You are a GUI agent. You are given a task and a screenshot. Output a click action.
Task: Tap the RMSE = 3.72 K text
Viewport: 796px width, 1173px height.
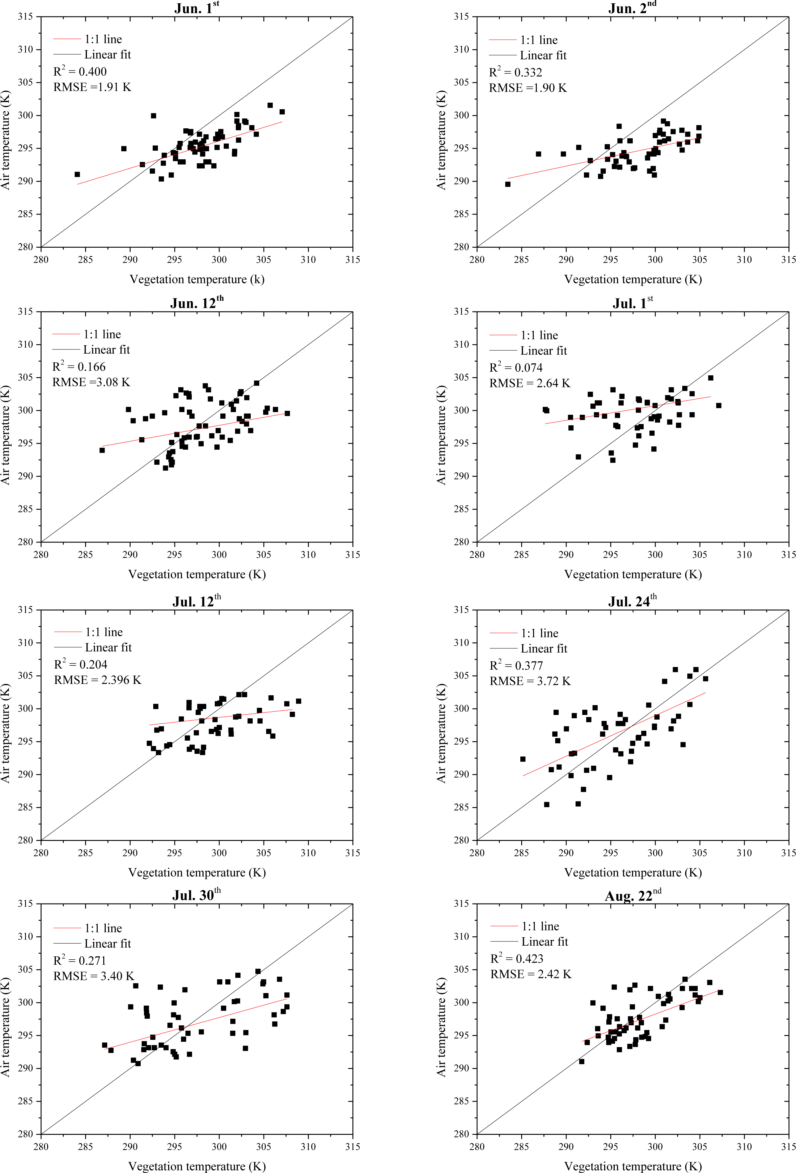(530, 681)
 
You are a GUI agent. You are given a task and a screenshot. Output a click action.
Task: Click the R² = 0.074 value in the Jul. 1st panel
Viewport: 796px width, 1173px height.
(516, 367)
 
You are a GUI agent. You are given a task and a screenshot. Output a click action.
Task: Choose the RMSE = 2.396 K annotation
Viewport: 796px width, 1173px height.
(97, 680)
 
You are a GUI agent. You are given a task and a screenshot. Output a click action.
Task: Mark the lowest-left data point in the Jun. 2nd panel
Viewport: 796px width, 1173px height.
(507, 184)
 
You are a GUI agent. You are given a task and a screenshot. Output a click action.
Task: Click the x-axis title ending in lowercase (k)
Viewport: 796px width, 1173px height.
(197, 279)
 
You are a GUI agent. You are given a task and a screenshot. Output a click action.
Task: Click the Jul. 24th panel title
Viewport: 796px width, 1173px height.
(632, 601)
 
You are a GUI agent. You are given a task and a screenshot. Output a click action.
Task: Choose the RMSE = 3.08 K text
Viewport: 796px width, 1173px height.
(91, 382)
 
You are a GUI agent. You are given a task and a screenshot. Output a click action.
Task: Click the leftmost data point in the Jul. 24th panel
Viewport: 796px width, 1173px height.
(523, 759)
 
